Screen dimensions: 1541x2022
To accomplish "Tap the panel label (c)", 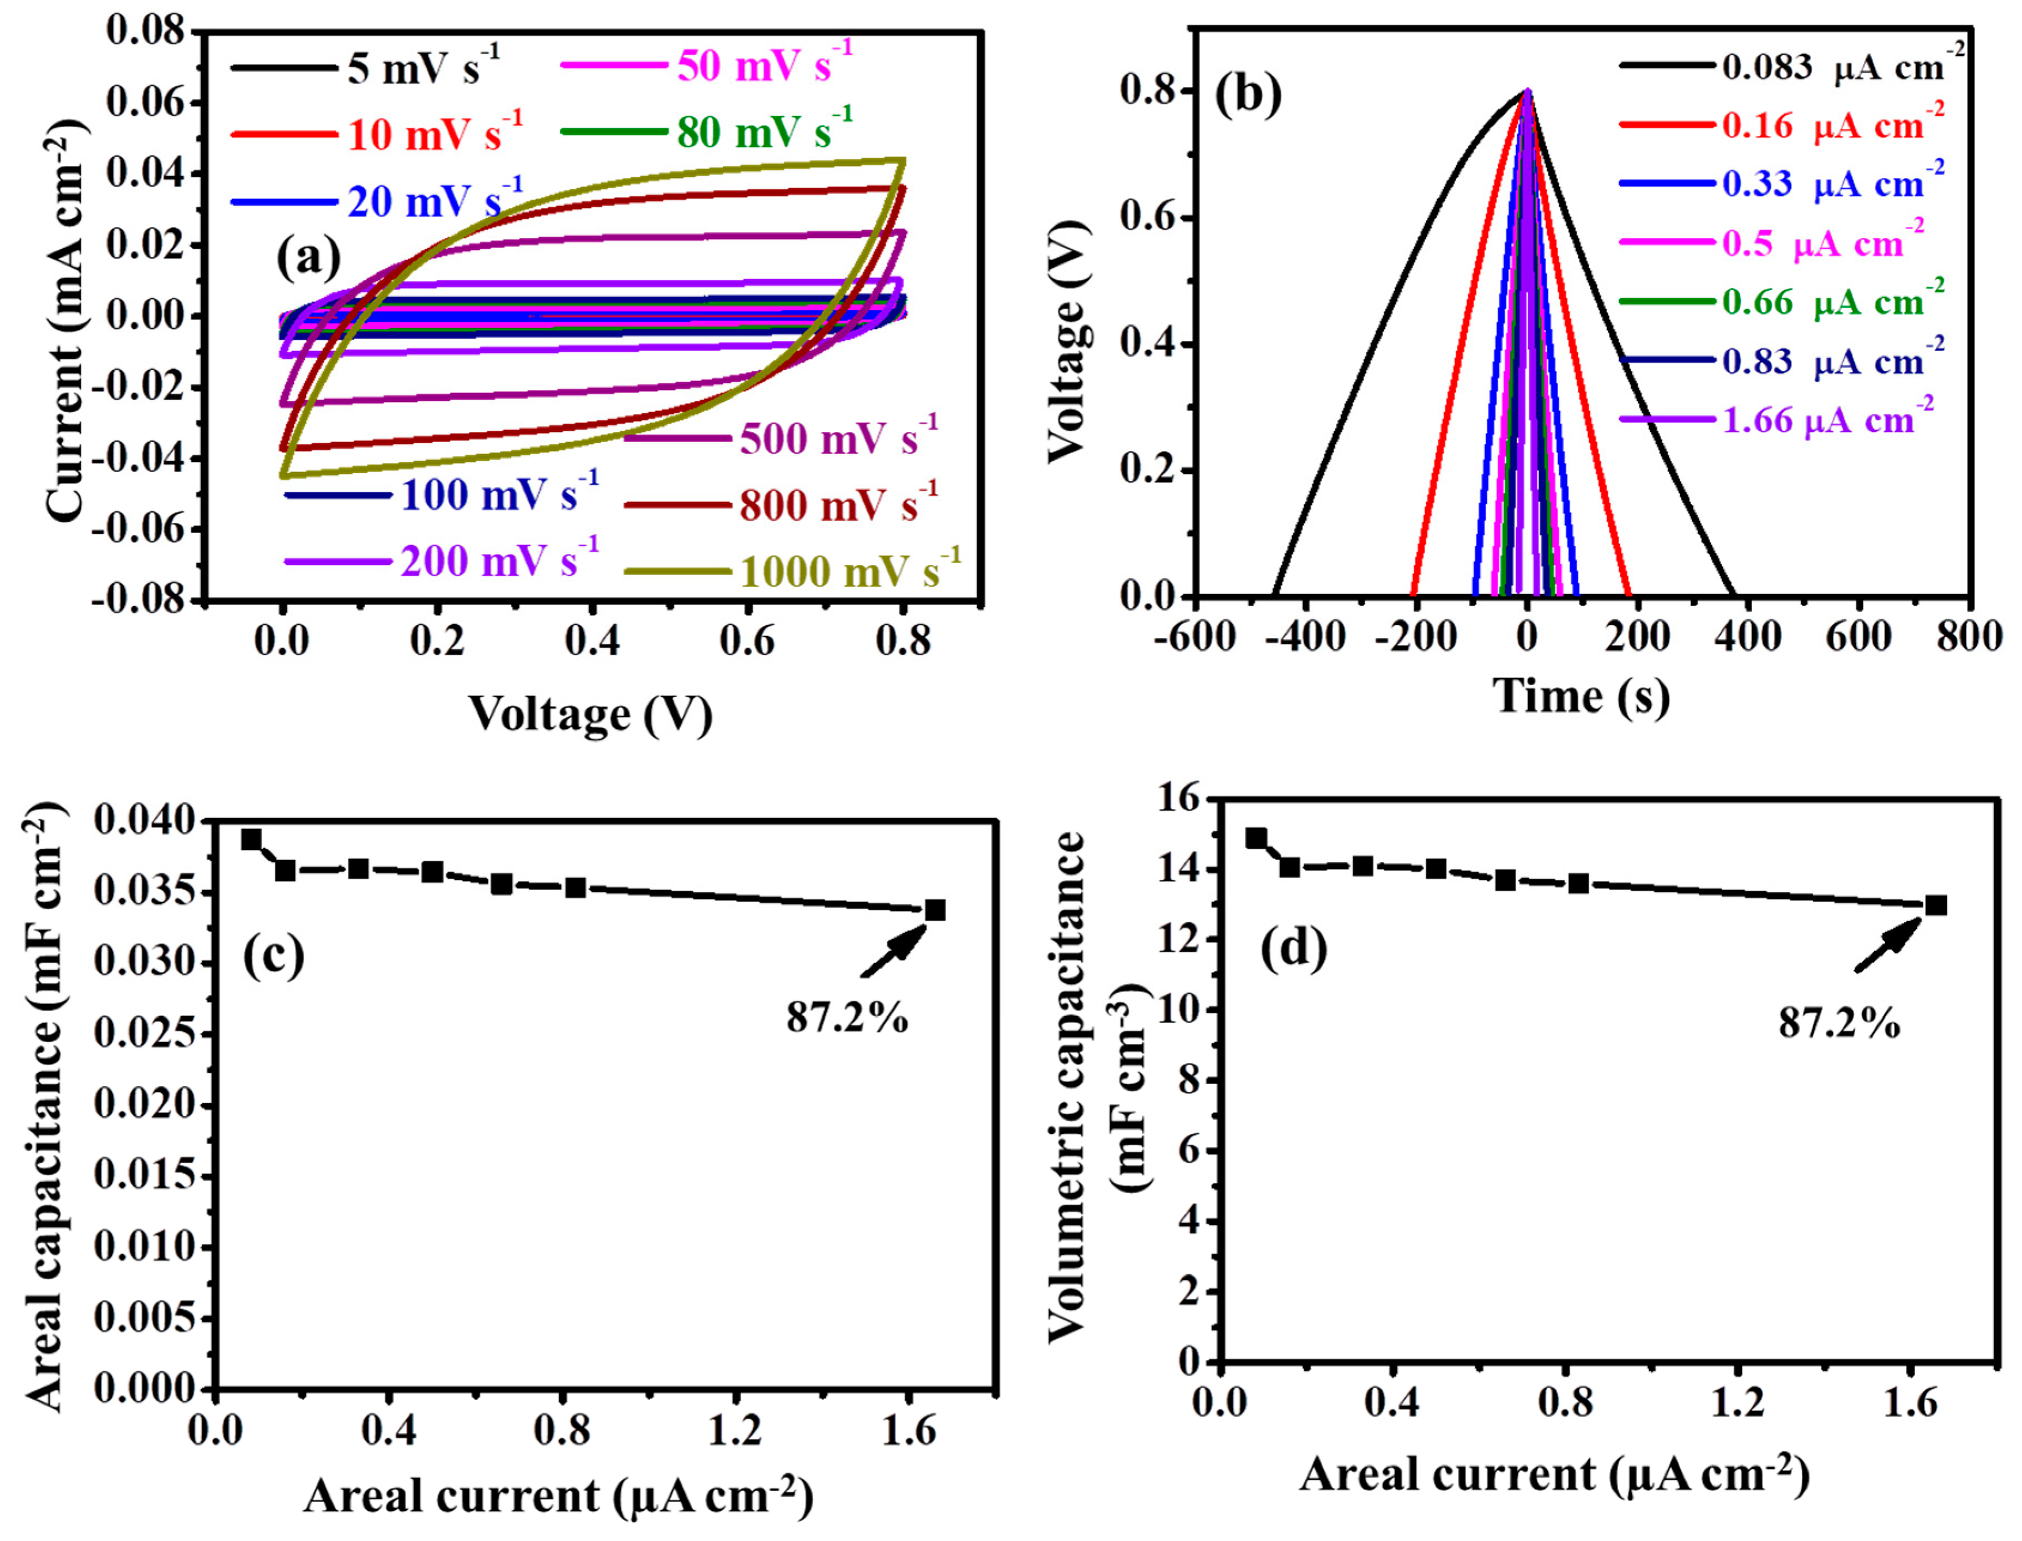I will pos(273,955).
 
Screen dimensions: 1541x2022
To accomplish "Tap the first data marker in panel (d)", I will pos(1257,837).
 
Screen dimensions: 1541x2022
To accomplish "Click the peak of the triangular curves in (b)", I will pos(1527,91).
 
